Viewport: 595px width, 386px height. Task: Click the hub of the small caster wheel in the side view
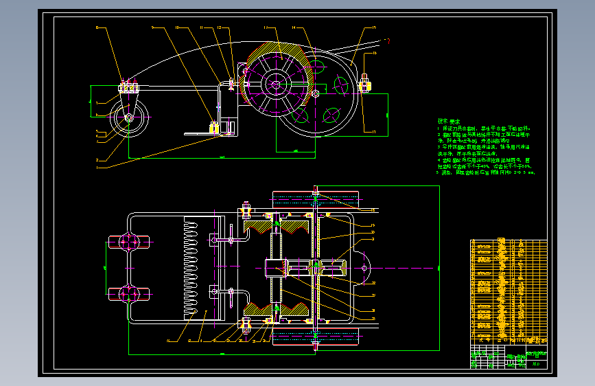[x=129, y=117]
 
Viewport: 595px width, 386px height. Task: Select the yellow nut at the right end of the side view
[x=364, y=85]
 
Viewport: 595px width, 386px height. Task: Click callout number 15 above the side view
[x=374, y=27]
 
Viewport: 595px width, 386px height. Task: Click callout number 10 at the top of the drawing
[x=177, y=27]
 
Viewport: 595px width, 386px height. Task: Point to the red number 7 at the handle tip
[x=388, y=42]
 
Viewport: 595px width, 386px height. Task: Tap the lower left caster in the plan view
[x=129, y=294]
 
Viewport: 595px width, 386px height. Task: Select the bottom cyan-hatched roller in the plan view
[x=316, y=335]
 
